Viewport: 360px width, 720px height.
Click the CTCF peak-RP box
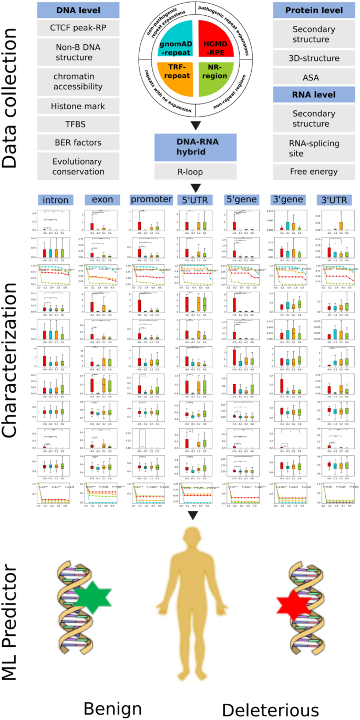click(x=78, y=28)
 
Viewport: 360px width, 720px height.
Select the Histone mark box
click(x=78, y=106)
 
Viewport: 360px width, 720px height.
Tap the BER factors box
click(x=78, y=142)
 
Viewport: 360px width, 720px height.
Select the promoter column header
click(x=151, y=200)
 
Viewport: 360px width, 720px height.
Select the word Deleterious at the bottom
click(x=270, y=709)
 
